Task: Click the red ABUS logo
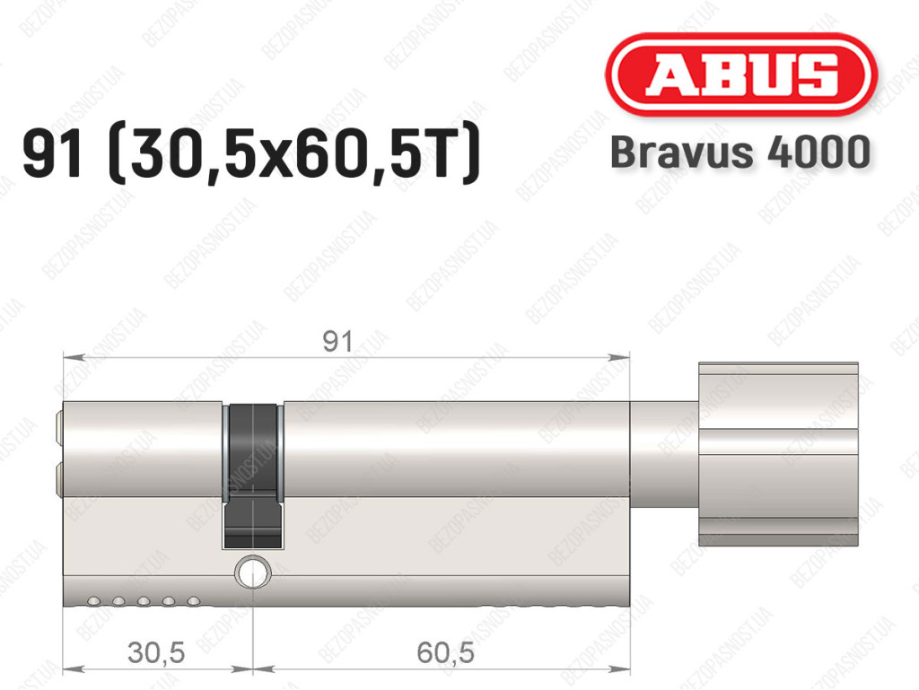click(x=740, y=74)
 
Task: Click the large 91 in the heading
click(x=51, y=154)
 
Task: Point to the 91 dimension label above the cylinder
click(x=338, y=341)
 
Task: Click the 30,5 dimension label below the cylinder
click(x=156, y=652)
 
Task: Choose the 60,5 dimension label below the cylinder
click(x=445, y=652)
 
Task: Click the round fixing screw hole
click(x=253, y=571)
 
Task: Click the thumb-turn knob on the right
click(x=778, y=454)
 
